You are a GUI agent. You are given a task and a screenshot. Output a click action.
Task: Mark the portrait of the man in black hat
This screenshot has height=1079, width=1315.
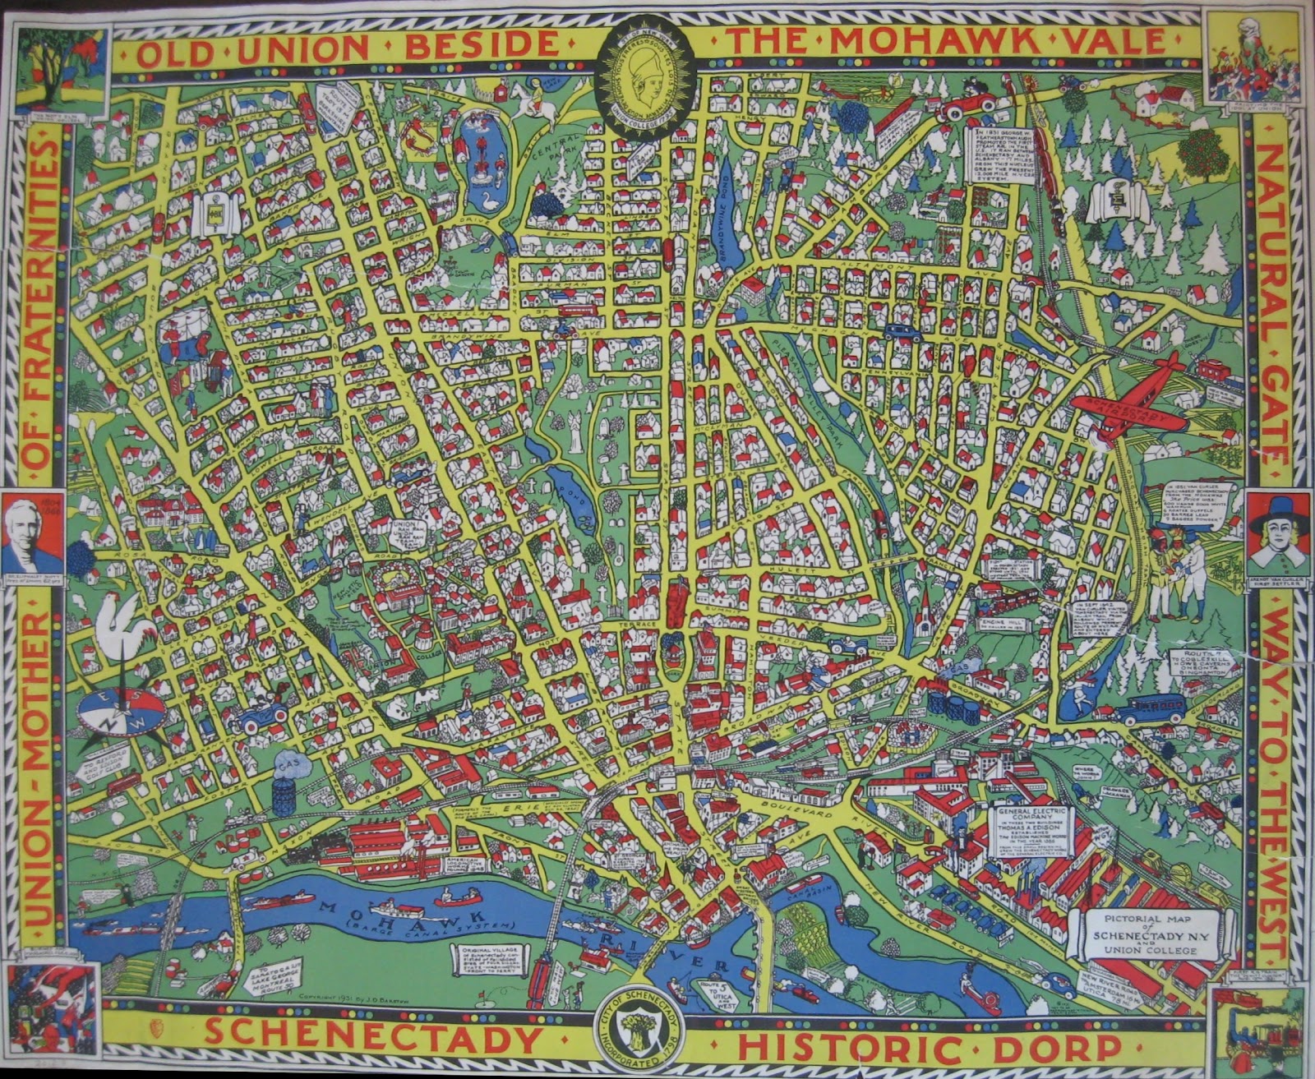point(1277,536)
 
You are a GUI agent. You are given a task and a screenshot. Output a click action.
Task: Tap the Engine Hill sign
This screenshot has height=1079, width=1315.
point(999,625)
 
